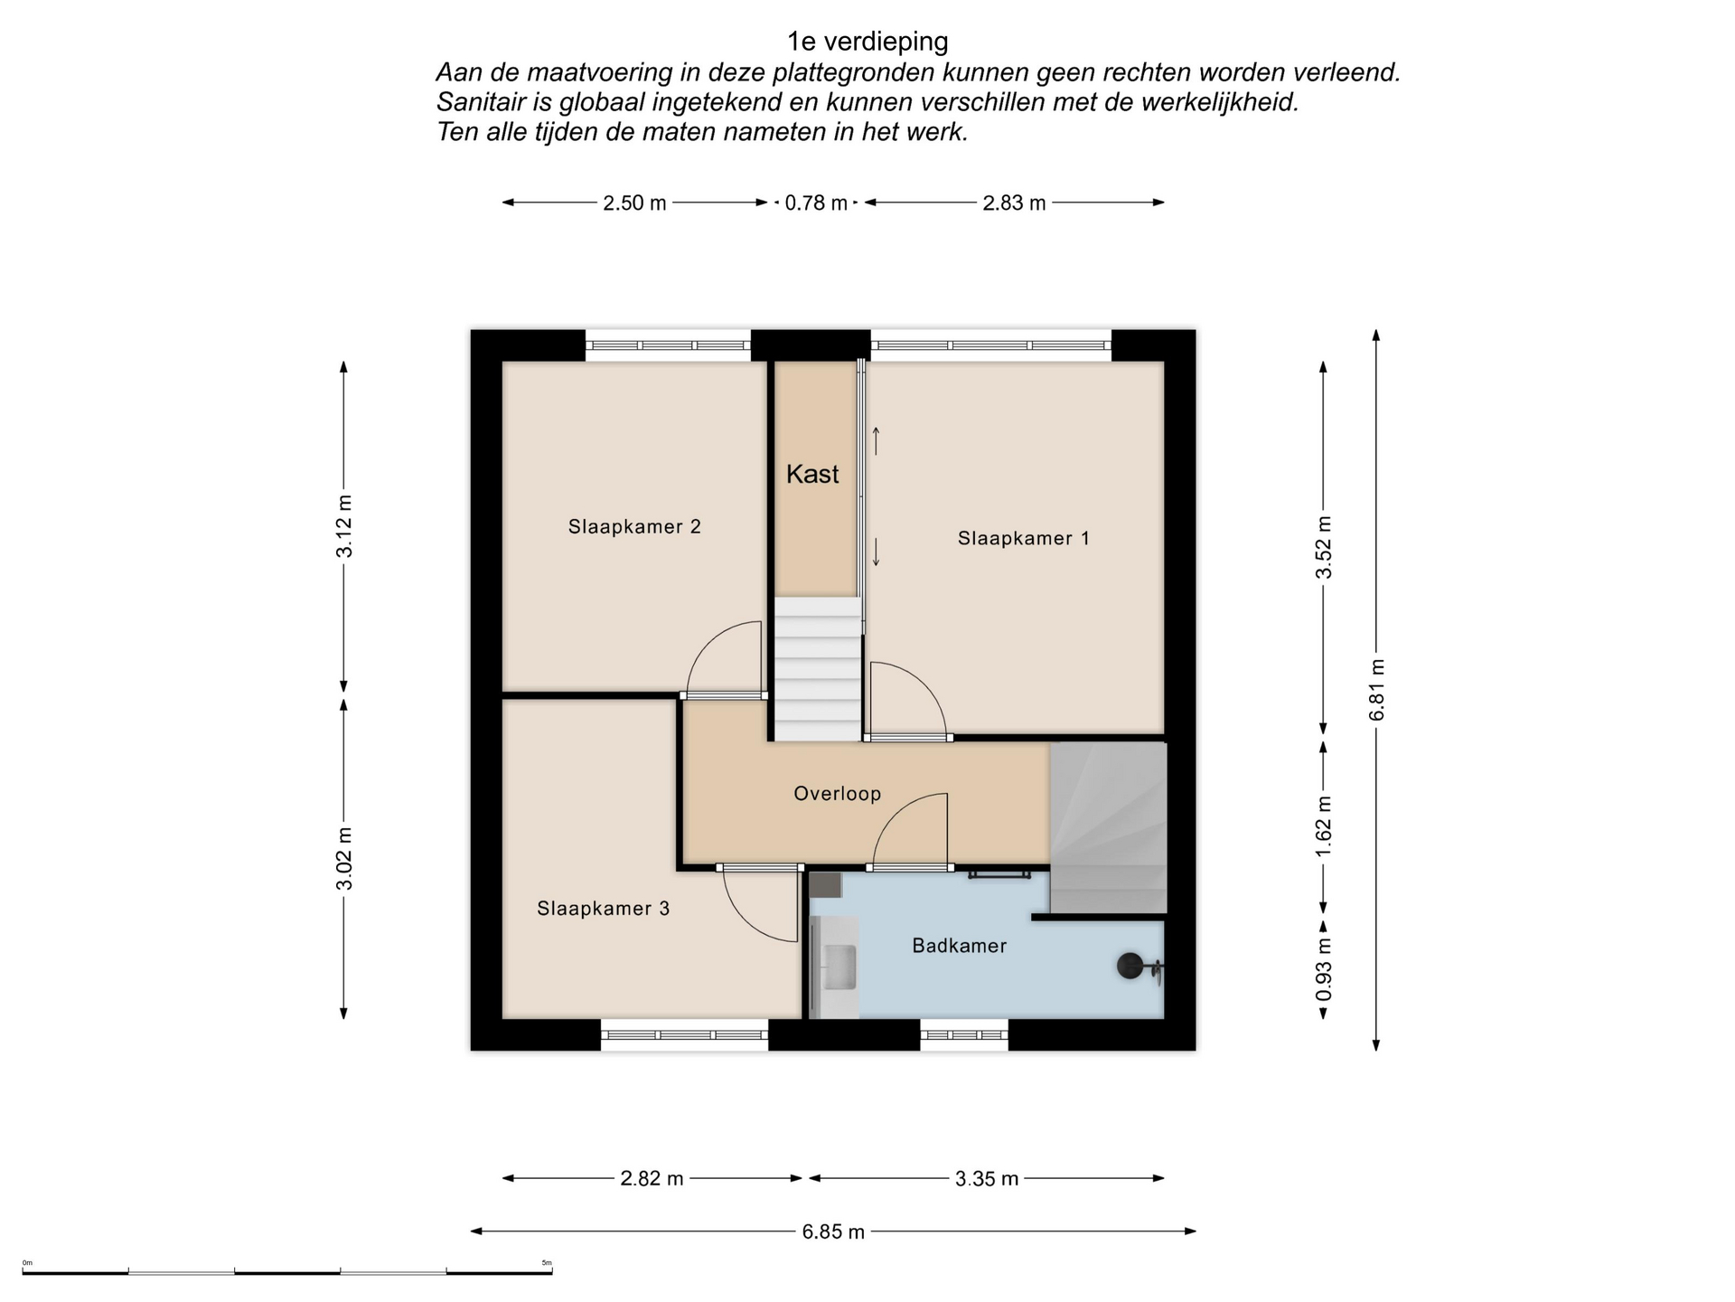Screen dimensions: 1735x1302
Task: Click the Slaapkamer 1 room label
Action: [x=1023, y=539]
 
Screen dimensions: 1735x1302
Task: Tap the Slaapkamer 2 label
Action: [x=634, y=526]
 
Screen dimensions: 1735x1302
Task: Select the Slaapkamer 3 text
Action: [x=604, y=909]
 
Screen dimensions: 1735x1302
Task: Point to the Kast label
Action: [x=812, y=474]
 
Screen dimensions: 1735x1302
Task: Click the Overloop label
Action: [x=838, y=794]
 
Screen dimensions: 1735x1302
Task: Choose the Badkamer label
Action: [x=959, y=946]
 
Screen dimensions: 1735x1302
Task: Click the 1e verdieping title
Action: [x=867, y=42]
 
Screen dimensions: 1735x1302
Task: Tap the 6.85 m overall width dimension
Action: [x=833, y=1231]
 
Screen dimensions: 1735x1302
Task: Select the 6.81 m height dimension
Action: [x=1377, y=690]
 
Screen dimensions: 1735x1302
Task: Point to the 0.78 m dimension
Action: [x=816, y=203]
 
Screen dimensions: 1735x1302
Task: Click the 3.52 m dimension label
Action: [x=1324, y=547]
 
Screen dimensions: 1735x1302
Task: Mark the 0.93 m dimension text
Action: [x=1324, y=969]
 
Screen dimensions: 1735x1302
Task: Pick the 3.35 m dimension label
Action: [x=987, y=1179]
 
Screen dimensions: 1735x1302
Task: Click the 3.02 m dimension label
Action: [x=344, y=858]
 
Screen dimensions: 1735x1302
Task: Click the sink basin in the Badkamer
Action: [x=839, y=967]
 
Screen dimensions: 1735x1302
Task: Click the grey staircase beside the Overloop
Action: [x=1109, y=828]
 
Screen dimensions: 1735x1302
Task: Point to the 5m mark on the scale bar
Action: [x=547, y=1263]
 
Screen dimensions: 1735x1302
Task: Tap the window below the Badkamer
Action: [x=964, y=1034]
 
